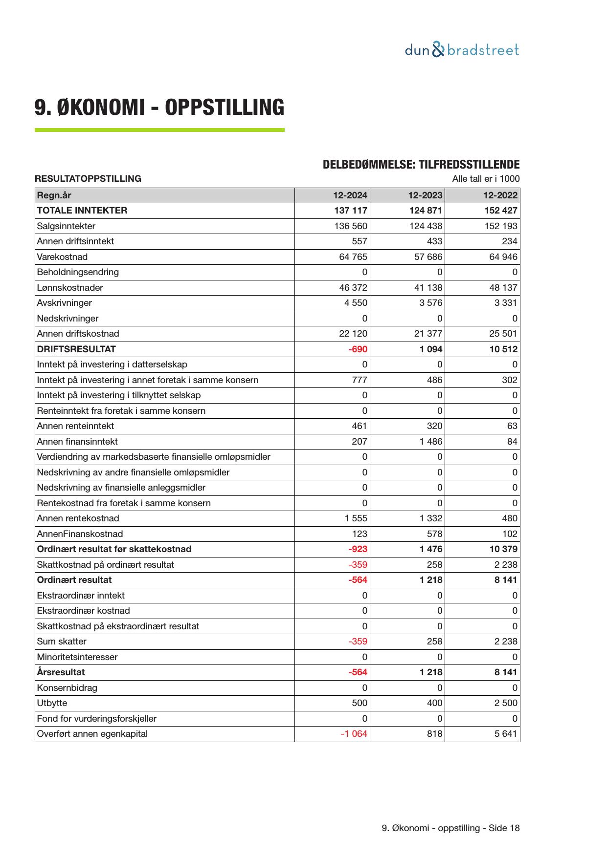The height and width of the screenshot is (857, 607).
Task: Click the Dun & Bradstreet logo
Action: pyautogui.click(x=462, y=50)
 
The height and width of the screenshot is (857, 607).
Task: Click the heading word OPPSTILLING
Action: pyautogui.click(x=224, y=107)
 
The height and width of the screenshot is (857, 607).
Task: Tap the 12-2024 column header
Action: pyautogui.click(x=350, y=195)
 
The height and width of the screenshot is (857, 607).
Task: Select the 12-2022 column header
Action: pyautogui.click(x=500, y=195)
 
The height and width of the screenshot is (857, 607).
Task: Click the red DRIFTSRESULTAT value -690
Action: pyautogui.click(x=358, y=349)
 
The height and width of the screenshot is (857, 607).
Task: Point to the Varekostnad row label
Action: pyautogui.click(x=62, y=257)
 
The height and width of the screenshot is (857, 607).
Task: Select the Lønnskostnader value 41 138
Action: pyautogui.click(x=428, y=288)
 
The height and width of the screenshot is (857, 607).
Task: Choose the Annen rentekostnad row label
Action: pyautogui.click(x=78, y=518)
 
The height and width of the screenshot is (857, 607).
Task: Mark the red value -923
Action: pyautogui.click(x=358, y=549)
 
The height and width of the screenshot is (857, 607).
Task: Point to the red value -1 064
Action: pyautogui.click(x=354, y=734)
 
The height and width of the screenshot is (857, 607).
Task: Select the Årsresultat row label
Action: pyautogui.click(x=61, y=672)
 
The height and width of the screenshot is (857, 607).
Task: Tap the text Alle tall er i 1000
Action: pyautogui.click(x=486, y=179)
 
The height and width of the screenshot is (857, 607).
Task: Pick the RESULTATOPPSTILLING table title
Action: pyautogui.click(x=88, y=179)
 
